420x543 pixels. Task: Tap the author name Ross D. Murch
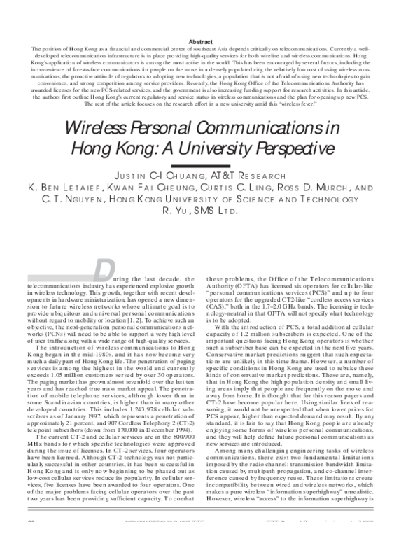pyautogui.click(x=302, y=189)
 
